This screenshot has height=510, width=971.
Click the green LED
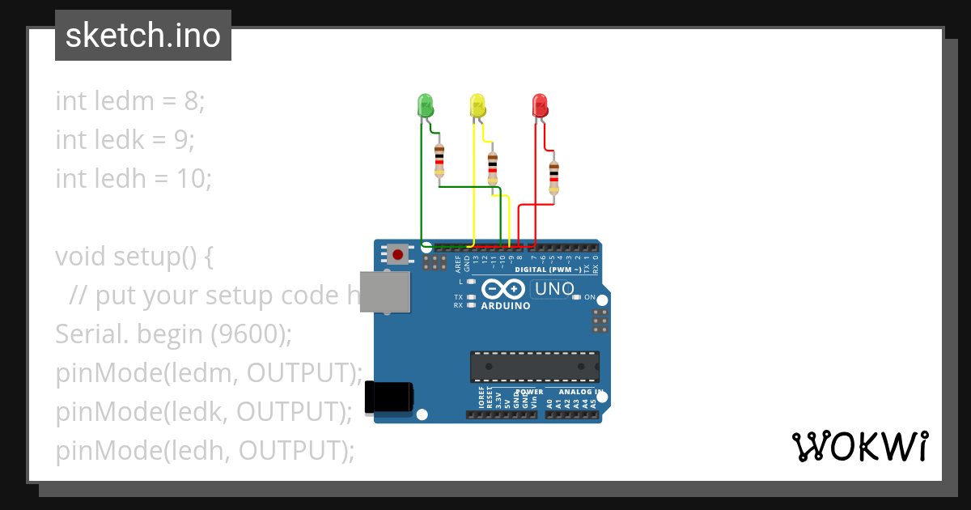point(425,104)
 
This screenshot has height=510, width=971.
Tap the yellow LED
point(477,104)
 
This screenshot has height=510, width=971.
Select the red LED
point(540,104)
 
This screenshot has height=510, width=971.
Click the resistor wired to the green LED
point(439,159)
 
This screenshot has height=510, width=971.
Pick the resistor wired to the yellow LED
point(493,168)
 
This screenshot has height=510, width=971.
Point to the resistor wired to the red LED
point(554,176)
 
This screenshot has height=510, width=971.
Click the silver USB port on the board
point(384,291)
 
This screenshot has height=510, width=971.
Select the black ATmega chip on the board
point(535,366)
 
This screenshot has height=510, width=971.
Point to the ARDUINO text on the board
point(506,306)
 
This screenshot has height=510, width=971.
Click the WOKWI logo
point(859,446)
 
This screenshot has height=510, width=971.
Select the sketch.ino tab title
point(143,36)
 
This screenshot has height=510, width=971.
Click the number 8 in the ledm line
point(191,101)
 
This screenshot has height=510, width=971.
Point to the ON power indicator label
point(590,297)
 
